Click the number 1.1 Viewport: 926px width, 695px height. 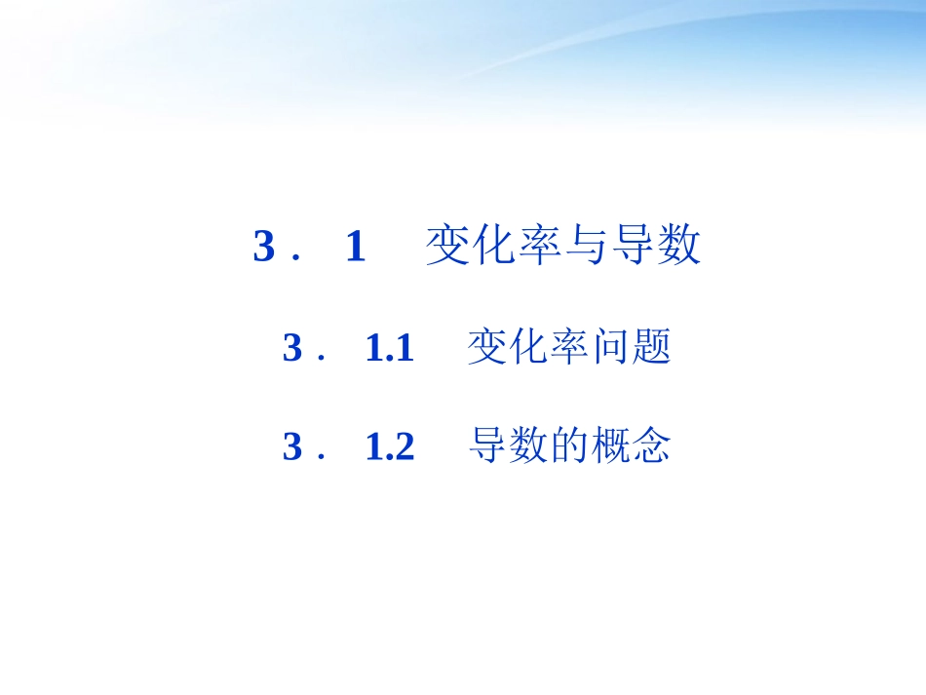[x=390, y=348]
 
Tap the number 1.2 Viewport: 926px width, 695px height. [x=390, y=446]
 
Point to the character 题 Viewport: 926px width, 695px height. [x=652, y=347]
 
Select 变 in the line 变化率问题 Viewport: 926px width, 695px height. [x=486, y=347]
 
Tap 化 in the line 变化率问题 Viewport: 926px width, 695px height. [x=527, y=347]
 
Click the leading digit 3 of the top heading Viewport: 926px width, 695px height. [x=263, y=247]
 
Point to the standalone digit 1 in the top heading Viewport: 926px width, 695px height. [x=355, y=247]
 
